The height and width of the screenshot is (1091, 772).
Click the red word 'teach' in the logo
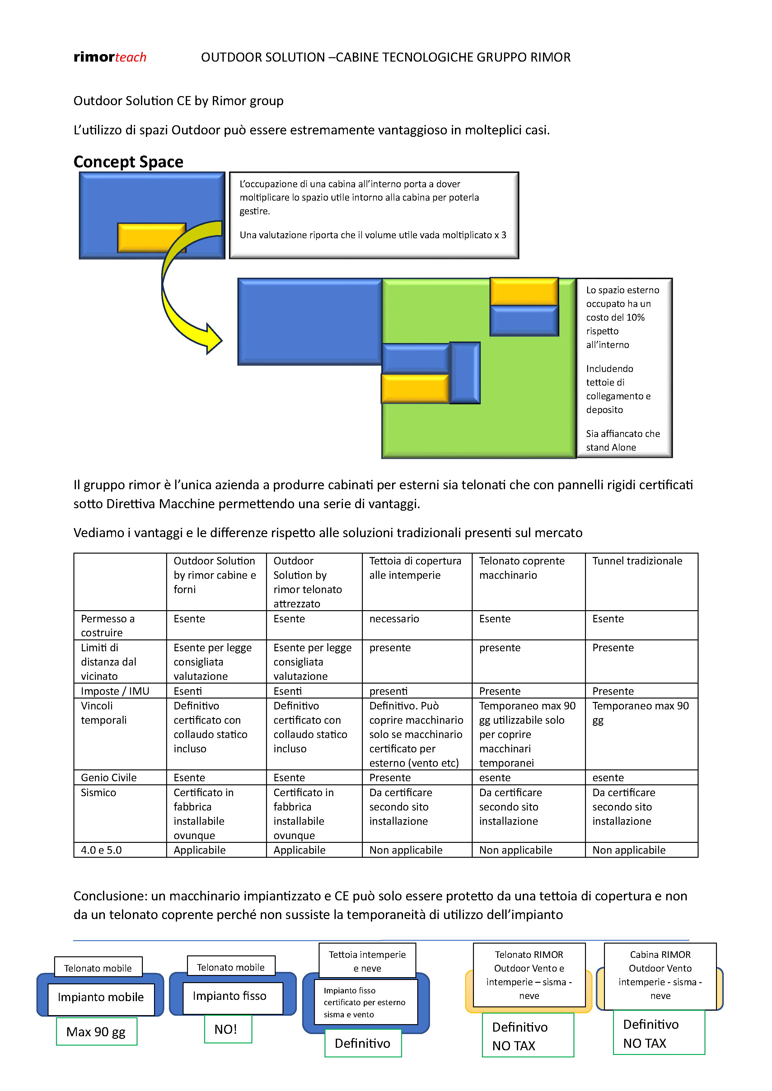130,58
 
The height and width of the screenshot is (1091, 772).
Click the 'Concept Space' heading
128,162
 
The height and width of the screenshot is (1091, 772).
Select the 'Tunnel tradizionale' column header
637,561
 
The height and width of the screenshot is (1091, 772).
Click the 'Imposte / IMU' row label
115,691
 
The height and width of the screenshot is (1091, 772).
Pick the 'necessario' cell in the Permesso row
394,619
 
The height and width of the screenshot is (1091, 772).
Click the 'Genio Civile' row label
109,778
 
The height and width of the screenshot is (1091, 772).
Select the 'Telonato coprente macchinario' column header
522,568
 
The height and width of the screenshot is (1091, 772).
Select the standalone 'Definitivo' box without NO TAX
363,1043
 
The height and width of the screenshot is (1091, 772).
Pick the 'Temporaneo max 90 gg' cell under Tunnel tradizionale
640,713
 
